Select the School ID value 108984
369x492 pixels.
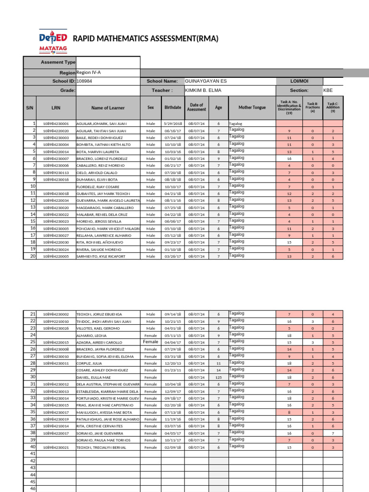pyautogui.click(x=85, y=81)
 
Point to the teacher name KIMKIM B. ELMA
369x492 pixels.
pyautogui.click(x=203, y=90)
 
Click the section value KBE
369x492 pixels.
pyautogui.click(x=328, y=90)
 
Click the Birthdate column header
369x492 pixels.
pyautogui.click(x=173, y=108)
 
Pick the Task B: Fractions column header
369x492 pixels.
pyautogui.click(x=312, y=108)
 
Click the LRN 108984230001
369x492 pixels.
pyautogui.click(x=56, y=123)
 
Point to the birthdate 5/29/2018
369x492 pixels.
pyautogui.click(x=173, y=123)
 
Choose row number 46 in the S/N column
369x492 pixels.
pyautogui.click(x=33, y=489)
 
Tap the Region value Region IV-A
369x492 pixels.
pyautogui.click(x=89, y=72)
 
